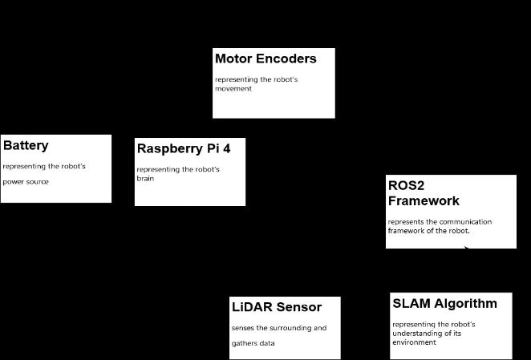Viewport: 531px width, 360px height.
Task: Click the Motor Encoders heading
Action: point(265,59)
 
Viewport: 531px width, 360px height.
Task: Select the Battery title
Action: point(26,145)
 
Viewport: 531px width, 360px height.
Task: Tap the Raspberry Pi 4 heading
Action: point(190,148)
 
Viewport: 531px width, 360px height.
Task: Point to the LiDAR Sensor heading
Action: point(277,307)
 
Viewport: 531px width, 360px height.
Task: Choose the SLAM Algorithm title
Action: point(444,303)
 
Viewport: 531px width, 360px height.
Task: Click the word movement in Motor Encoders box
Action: point(233,89)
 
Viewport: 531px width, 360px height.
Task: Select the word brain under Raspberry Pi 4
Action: point(145,179)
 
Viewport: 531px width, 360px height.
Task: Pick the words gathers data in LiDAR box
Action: point(253,343)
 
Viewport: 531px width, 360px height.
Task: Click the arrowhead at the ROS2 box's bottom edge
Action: point(466,247)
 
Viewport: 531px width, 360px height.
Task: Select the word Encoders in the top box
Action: point(288,59)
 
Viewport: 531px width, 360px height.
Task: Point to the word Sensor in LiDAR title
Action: point(299,307)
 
